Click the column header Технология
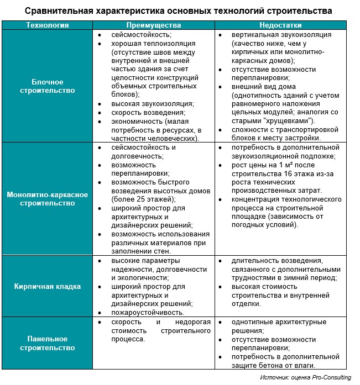click(47, 25)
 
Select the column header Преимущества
click(153, 25)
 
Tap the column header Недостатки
click(280, 25)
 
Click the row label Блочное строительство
click(47, 86)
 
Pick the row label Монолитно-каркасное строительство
click(47, 199)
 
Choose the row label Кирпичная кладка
click(47, 286)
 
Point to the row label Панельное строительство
click(47, 343)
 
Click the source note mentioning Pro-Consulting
click(303, 377)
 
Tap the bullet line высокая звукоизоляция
click(144, 103)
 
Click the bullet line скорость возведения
click(141, 112)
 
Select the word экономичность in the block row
click(136, 121)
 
